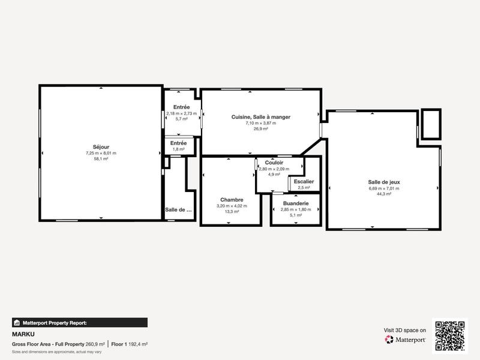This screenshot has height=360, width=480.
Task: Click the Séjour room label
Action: tap(101, 147)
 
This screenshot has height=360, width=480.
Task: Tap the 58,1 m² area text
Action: tap(101, 159)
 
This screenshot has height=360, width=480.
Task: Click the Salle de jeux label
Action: tap(384, 182)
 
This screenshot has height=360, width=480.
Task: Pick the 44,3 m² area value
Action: tap(384, 194)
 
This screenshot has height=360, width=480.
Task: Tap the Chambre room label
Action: tap(232, 200)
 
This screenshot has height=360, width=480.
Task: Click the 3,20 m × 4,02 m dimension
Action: tap(232, 206)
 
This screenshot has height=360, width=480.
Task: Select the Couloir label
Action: tap(274, 163)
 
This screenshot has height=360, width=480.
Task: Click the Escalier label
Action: tap(304, 181)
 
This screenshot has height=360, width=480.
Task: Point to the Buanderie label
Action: tap(295, 203)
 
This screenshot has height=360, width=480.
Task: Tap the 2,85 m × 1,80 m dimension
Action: tap(295, 209)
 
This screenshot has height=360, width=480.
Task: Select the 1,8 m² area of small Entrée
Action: tap(179, 149)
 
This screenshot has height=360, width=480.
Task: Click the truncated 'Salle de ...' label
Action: tap(179, 210)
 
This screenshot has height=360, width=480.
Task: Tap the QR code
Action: tap(450, 336)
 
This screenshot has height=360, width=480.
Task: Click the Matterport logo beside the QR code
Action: tap(406, 340)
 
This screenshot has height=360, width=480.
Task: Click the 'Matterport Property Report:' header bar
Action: tap(79, 322)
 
